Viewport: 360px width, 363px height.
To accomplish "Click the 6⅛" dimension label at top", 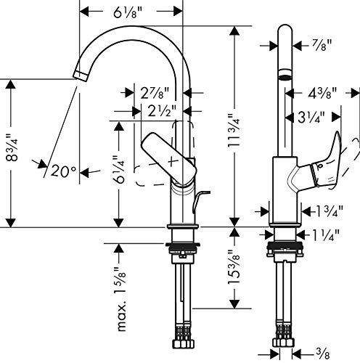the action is (x=127, y=12).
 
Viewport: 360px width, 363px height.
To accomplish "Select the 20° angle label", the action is (x=64, y=171).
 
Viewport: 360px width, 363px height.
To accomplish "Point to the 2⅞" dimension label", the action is (x=155, y=92).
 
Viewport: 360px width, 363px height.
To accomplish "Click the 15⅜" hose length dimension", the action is (x=234, y=266).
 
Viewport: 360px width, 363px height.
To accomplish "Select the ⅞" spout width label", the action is (x=322, y=45).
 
